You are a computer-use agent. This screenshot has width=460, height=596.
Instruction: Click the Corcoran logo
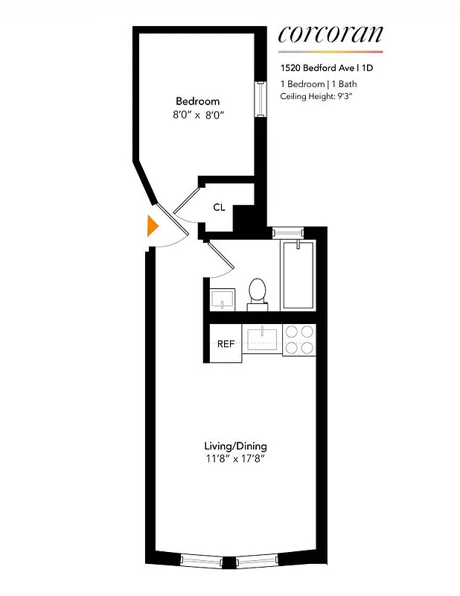[x=330, y=34]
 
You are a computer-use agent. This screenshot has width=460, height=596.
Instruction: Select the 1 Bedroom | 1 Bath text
[x=313, y=83]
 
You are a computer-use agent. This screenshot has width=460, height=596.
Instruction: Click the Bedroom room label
[x=197, y=101]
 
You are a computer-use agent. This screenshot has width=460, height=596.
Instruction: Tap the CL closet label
[x=219, y=207]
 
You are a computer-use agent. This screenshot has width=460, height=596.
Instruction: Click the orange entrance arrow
[x=153, y=226]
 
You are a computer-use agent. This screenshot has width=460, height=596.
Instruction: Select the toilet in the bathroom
[x=258, y=292]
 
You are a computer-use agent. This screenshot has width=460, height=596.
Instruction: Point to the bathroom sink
[x=222, y=299]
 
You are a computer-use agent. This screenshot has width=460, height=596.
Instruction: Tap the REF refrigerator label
[x=225, y=344]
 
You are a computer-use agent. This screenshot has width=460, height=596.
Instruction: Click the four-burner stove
[x=300, y=340]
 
